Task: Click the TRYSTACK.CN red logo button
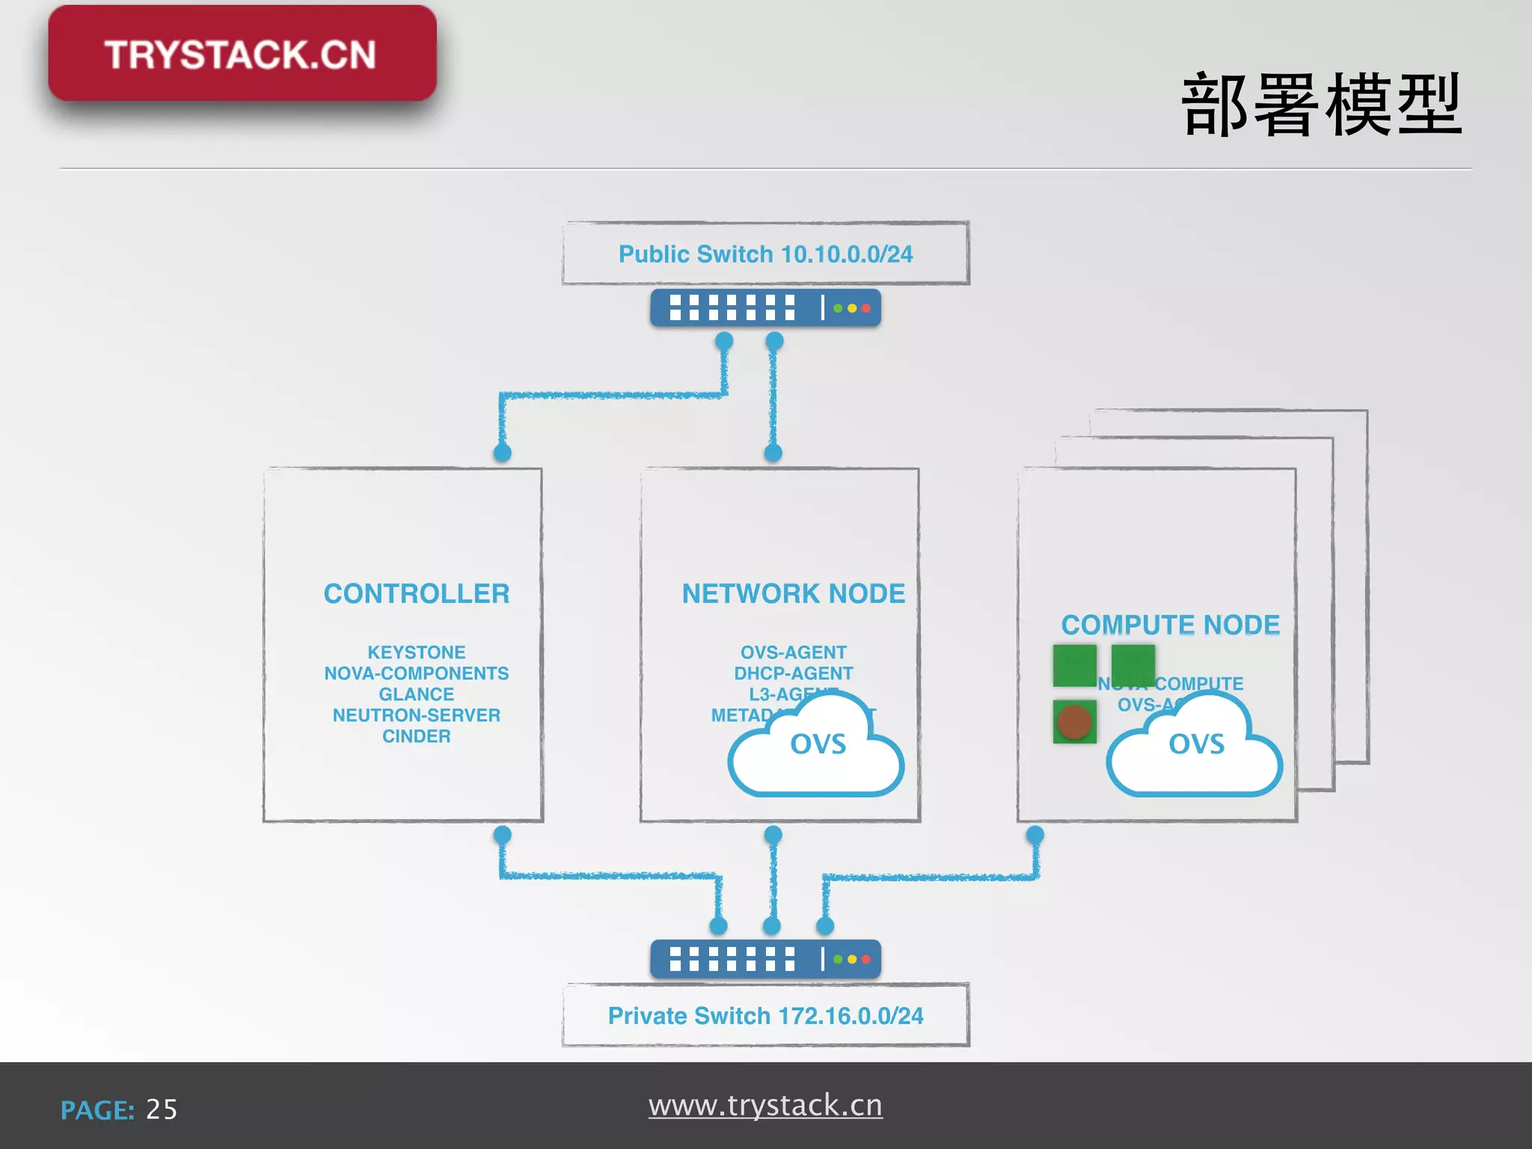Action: (x=242, y=54)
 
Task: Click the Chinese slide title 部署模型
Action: (x=1321, y=105)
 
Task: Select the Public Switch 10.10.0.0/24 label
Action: (x=765, y=254)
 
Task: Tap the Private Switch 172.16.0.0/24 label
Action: (x=765, y=1016)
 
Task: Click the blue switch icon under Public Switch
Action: (x=765, y=308)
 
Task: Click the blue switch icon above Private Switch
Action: (x=765, y=959)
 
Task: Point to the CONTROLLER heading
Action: (x=416, y=593)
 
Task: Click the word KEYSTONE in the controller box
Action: (x=416, y=652)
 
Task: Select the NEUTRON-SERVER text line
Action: (x=416, y=715)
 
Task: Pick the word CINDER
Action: (x=416, y=736)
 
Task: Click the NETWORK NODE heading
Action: (x=793, y=593)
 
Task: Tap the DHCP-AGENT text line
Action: (x=793, y=673)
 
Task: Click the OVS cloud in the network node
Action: (x=817, y=748)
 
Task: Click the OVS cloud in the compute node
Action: (x=1195, y=748)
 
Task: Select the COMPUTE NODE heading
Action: (x=1170, y=625)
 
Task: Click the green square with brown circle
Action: (x=1074, y=722)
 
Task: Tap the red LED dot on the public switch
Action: (x=865, y=308)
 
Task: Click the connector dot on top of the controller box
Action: (x=503, y=453)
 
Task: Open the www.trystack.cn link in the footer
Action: (x=765, y=1106)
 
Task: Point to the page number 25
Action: (x=162, y=1109)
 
